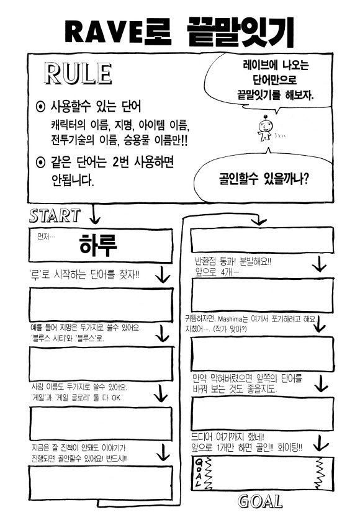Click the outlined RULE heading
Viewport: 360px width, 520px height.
click(78, 74)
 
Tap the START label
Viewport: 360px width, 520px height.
click(55, 215)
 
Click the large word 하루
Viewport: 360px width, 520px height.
click(97, 244)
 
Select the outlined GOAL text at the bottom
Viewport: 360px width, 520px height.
click(261, 501)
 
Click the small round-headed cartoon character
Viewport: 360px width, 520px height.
click(265, 128)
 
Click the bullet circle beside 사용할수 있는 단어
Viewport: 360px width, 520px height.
click(40, 107)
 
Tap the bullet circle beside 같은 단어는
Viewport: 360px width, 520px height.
click(40, 163)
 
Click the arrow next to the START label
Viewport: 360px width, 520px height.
click(94, 214)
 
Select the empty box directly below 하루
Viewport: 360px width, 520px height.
click(102, 305)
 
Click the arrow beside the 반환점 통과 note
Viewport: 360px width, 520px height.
click(320, 264)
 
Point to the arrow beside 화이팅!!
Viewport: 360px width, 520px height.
click(320, 442)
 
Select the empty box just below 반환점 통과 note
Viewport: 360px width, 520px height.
click(263, 295)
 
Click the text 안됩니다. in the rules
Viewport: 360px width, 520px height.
click(73, 180)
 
